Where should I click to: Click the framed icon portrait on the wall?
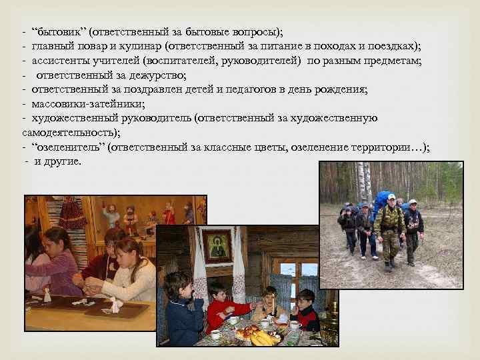pyautogui.click(x=218, y=246)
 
